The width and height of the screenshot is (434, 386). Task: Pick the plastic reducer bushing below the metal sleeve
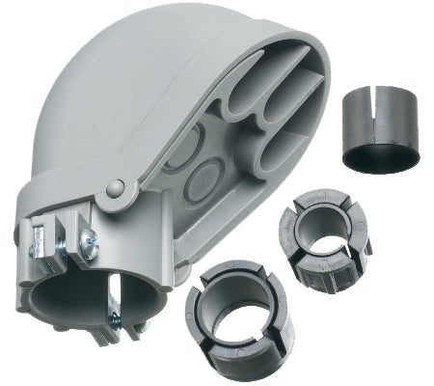(x=318, y=241)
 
